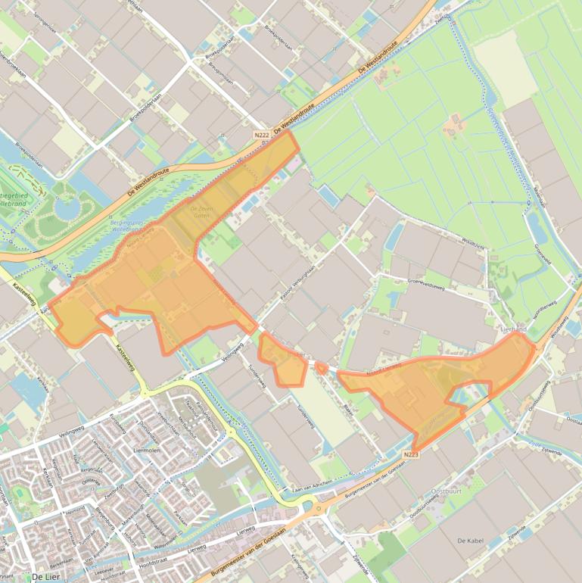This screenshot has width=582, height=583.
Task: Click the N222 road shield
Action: [262, 135]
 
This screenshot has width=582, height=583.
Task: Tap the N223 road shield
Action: [411, 454]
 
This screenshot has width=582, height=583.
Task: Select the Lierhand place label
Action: [514, 329]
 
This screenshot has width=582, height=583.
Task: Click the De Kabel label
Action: [470, 541]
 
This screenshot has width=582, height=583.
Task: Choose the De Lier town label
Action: [45, 577]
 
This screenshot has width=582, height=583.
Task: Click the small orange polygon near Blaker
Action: [321, 368]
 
